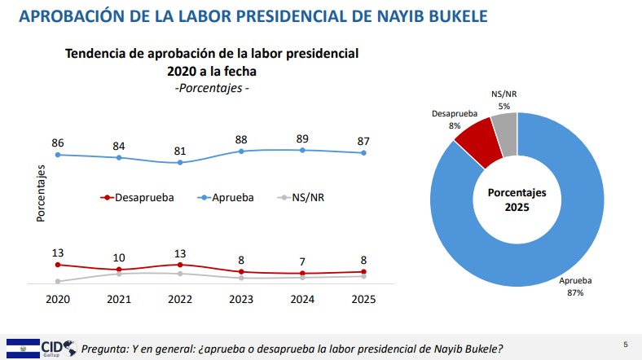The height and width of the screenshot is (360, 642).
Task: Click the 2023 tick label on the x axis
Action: click(241, 300)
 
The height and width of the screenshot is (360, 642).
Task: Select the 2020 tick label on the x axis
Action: click(58, 300)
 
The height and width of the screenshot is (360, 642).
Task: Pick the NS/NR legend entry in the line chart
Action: click(305, 197)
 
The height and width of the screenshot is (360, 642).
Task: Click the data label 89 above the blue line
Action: click(302, 138)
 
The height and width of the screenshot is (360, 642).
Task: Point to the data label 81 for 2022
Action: click(180, 151)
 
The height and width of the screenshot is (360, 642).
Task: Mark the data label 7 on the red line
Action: click(302, 261)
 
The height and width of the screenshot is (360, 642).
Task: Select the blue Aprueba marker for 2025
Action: click(363, 153)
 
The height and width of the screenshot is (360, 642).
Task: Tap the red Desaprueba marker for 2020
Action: click(58, 265)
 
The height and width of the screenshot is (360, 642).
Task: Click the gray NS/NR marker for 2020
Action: click(58, 281)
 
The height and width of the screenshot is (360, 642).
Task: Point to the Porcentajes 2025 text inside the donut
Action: click(517, 200)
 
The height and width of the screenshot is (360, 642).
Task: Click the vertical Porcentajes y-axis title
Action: click(40, 193)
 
